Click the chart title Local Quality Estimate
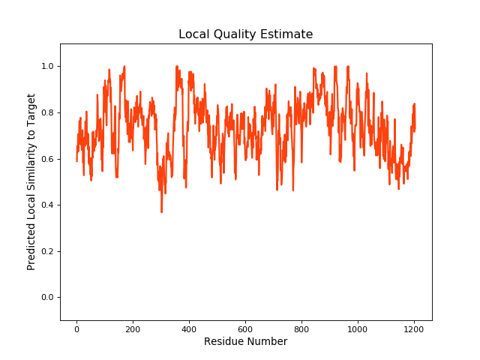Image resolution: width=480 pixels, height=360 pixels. [x=245, y=34]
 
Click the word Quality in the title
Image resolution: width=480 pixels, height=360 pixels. [x=244, y=34]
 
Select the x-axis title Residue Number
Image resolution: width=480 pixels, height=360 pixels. [x=245, y=342]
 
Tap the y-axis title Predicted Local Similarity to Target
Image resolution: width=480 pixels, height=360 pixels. [x=31, y=182]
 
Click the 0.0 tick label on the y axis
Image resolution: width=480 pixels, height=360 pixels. [x=47, y=298]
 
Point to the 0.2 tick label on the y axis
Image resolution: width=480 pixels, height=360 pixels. [x=47, y=251]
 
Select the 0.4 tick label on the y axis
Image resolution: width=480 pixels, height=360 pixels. [x=47, y=205]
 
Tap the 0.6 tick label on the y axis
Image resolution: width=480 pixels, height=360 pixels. [x=47, y=159]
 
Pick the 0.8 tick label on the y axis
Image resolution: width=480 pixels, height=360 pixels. [x=47, y=113]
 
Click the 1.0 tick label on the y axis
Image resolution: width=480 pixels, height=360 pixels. [x=47, y=67]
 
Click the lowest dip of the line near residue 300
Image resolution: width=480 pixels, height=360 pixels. [x=161, y=212]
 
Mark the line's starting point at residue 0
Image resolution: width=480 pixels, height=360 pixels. [x=76, y=160]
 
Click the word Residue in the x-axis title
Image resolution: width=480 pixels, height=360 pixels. [x=223, y=342]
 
